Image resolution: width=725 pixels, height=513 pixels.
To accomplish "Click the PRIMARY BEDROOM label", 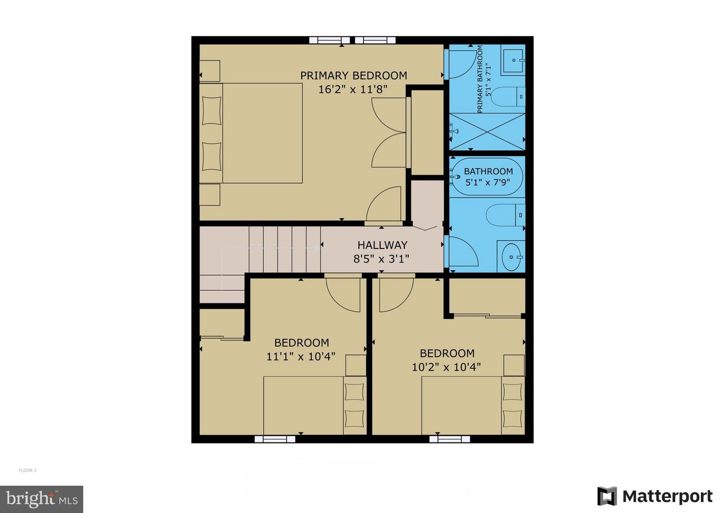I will [x=353, y=76].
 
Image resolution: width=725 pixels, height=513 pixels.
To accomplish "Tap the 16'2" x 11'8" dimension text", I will [x=353, y=90].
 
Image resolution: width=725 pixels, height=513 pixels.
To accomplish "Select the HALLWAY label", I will [x=382, y=245].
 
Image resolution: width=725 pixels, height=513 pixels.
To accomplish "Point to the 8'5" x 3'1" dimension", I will [x=381, y=259].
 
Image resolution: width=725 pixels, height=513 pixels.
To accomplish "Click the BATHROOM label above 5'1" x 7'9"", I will [x=488, y=171].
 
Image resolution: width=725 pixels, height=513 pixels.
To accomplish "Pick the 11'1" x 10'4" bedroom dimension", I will [x=301, y=357].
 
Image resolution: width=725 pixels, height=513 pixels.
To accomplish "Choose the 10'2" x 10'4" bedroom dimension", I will [x=446, y=367].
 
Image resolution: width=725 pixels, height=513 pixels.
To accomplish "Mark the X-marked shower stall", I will [x=486, y=132].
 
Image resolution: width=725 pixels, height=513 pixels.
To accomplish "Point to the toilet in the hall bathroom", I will [x=505, y=215].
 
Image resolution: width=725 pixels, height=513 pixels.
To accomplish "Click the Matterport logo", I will [x=655, y=496].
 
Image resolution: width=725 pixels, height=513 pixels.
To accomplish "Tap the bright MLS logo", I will [x=42, y=499].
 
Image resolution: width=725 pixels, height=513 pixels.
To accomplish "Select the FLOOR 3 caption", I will [x=28, y=471].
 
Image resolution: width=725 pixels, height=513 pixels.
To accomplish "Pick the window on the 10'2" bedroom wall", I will [x=450, y=439].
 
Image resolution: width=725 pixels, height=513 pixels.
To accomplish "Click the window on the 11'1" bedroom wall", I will [x=275, y=439].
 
